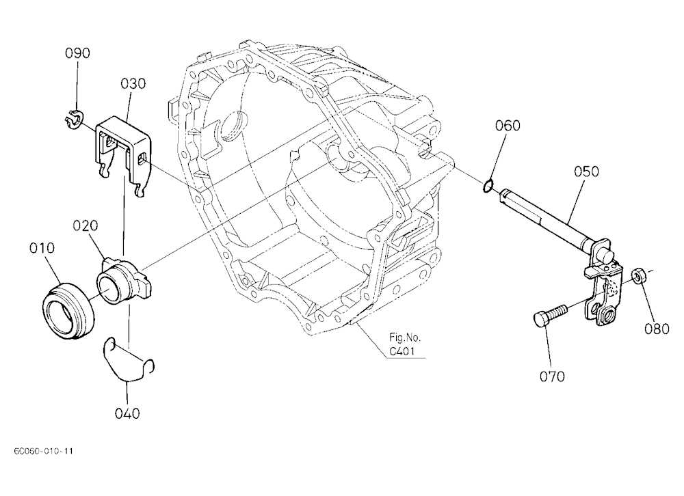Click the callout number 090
[x=78, y=53]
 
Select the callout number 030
[x=133, y=83]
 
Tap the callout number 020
[x=85, y=225]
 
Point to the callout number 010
[x=42, y=248]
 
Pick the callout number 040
[x=127, y=413]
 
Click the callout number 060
[x=508, y=126]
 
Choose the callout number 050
[x=586, y=171]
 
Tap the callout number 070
[x=552, y=376]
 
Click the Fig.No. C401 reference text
[x=405, y=344]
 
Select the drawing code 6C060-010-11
[x=44, y=451]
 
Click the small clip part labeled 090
[x=75, y=120]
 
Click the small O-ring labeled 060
[x=488, y=184]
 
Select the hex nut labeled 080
[x=638, y=276]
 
